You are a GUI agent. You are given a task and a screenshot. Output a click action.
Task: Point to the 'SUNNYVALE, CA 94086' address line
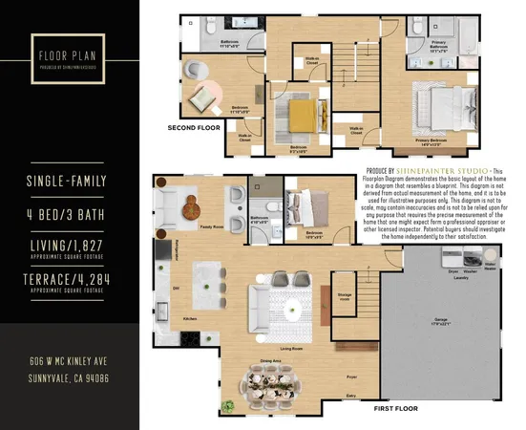point(70,377)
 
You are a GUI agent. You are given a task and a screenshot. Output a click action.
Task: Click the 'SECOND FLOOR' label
point(194,127)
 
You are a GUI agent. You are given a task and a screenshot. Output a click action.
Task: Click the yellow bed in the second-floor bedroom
point(301,116)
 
